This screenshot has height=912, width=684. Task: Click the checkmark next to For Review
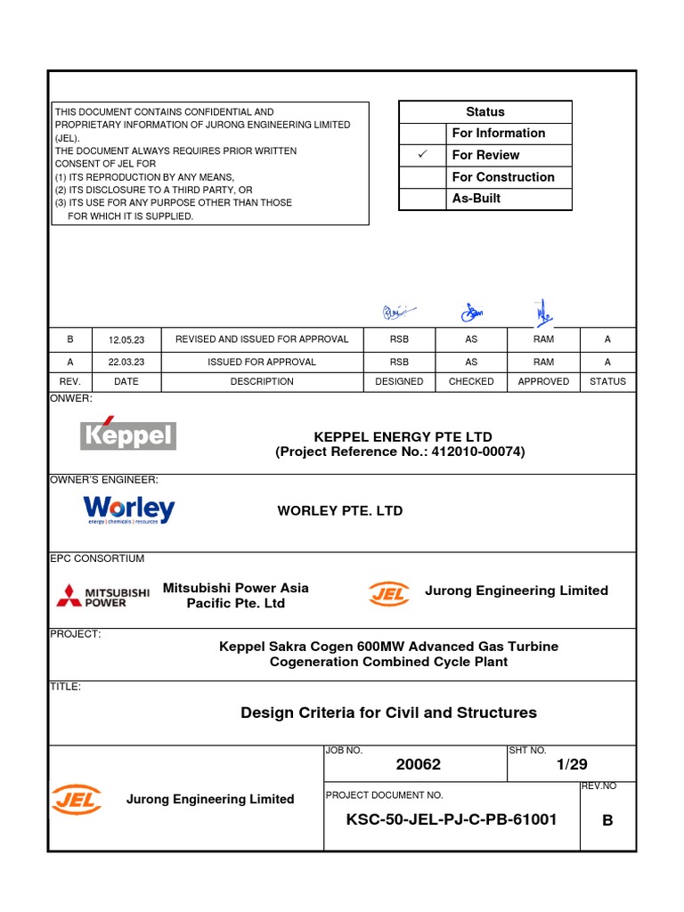pyautogui.click(x=423, y=155)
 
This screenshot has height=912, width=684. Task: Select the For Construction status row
pyautogui.click(x=502, y=177)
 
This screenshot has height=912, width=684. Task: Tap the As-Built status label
pyautogui.click(x=476, y=199)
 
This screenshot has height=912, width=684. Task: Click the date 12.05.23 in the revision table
pyautogui.click(x=125, y=339)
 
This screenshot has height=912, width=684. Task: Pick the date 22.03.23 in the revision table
pyautogui.click(x=125, y=362)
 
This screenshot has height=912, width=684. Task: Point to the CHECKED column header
pyautogui.click(x=471, y=381)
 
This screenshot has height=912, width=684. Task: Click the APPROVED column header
pyautogui.click(x=543, y=381)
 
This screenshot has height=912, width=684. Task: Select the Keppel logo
pyautogui.click(x=128, y=434)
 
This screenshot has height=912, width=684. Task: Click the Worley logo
pyautogui.click(x=129, y=510)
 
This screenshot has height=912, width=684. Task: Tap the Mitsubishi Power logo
pyautogui.click(x=91, y=596)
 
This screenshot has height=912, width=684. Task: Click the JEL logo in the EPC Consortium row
pyautogui.click(x=389, y=593)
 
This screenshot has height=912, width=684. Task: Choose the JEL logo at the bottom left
pyautogui.click(x=76, y=799)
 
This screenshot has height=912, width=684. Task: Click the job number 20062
pyautogui.click(x=418, y=764)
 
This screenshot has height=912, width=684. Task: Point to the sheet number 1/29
pyautogui.click(x=572, y=764)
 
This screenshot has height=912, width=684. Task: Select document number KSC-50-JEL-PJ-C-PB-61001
pyautogui.click(x=452, y=819)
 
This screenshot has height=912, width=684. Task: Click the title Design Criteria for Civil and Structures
pyautogui.click(x=389, y=712)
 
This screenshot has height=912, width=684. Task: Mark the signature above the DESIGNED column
pyautogui.click(x=398, y=312)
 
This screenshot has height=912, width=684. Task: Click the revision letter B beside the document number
pyautogui.click(x=607, y=821)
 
